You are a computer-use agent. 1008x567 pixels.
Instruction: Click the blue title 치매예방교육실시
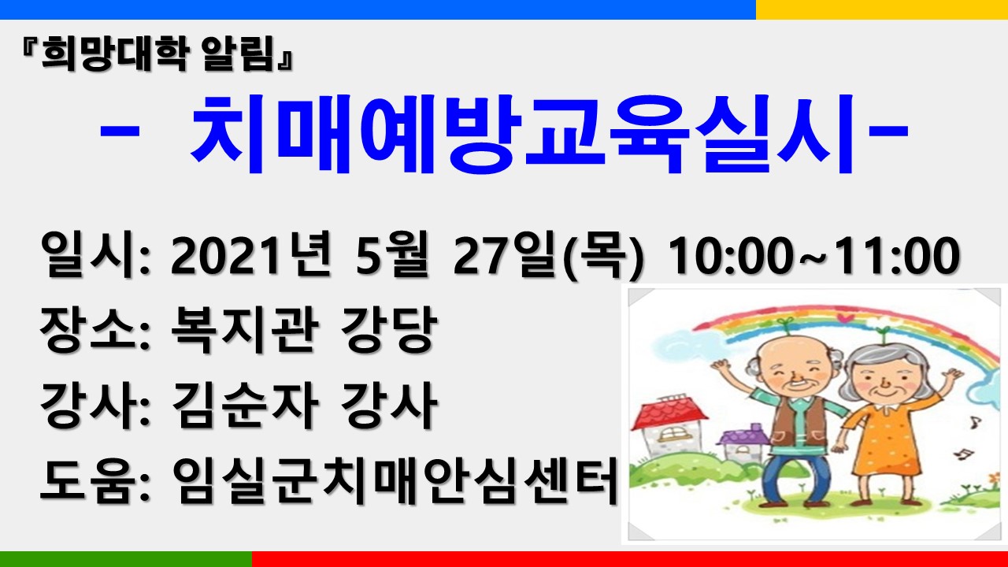pyautogui.click(x=522, y=134)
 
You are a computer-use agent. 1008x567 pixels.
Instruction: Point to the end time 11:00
pyautogui.click(x=894, y=256)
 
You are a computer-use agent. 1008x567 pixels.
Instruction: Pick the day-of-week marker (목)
pyautogui.click(x=603, y=257)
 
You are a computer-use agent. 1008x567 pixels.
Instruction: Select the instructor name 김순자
pyautogui.click(x=245, y=405)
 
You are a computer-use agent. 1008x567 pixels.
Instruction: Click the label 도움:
pyautogui.click(x=94, y=480)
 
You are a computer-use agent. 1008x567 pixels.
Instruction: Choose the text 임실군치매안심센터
pyautogui.click(x=395, y=480)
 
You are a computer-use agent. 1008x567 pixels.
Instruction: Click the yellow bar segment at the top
pyautogui.click(x=882, y=9)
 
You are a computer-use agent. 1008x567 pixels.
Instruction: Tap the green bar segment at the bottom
pyautogui.click(x=126, y=559)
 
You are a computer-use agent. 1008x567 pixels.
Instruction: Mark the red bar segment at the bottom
pyautogui.click(x=630, y=559)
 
